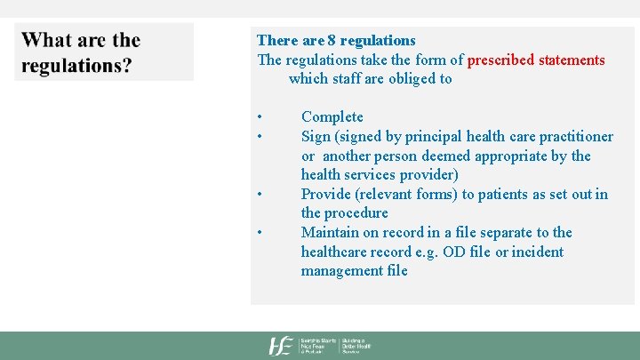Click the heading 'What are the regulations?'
(81, 52)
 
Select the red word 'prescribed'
(501, 60)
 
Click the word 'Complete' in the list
(332, 116)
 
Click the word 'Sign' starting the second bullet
(316, 136)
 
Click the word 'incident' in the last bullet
(537, 252)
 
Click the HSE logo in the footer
(282, 346)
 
